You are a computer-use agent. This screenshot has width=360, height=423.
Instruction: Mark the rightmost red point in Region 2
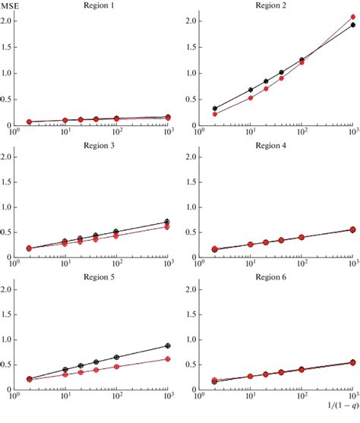(x=352, y=17)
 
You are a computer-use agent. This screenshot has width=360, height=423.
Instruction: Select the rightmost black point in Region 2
(x=352, y=24)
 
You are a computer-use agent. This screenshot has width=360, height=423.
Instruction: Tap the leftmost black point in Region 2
(x=214, y=109)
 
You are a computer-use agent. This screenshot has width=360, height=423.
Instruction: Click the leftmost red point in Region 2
(x=214, y=114)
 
